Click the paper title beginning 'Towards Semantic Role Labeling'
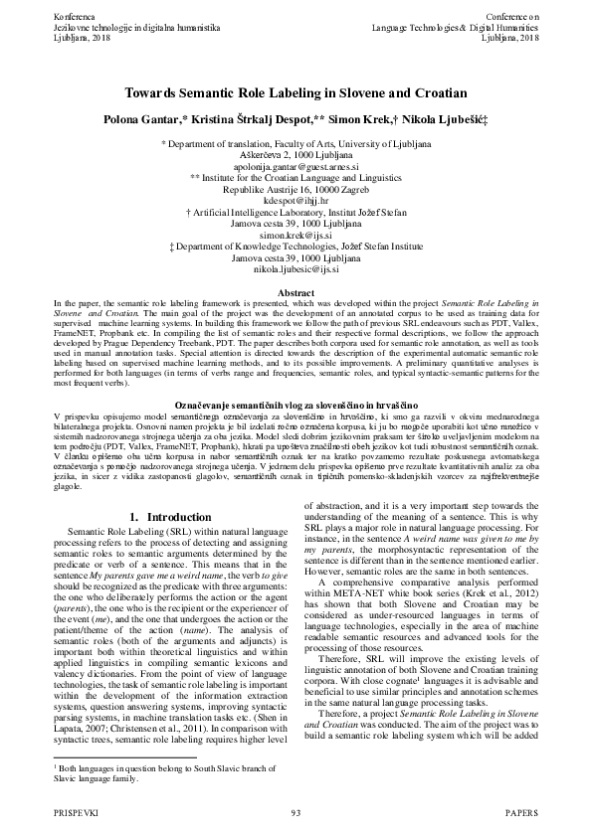point(296,92)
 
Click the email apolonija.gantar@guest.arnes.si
point(296,168)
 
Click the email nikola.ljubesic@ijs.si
point(296,268)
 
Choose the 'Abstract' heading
point(296,293)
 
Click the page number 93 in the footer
point(296,813)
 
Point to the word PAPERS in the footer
point(522,813)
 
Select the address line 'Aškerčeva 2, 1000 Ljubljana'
point(296,156)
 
